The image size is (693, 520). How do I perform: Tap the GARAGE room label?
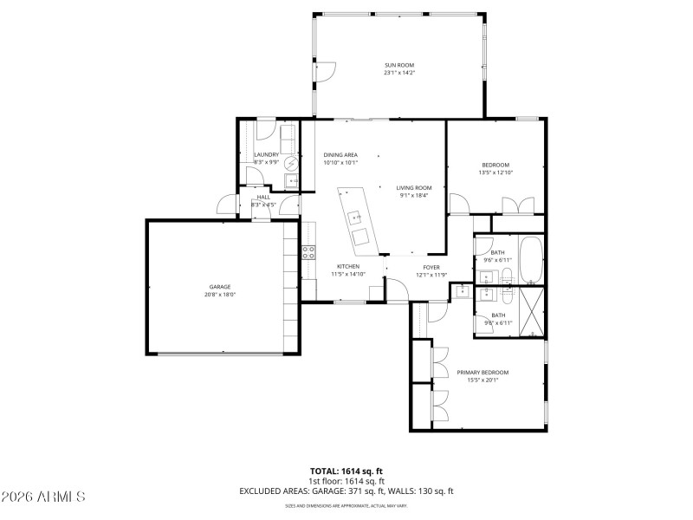pos(219,287)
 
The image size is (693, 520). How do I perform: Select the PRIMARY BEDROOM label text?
pos(483,373)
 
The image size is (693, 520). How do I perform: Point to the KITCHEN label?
pos(348,266)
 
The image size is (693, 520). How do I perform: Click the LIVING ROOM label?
pos(414,187)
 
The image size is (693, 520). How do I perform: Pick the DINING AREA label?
pos(340,155)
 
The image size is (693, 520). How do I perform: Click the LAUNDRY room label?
pos(266,155)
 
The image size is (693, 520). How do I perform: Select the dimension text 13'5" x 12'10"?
pos(495,172)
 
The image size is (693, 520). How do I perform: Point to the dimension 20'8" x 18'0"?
pos(219,295)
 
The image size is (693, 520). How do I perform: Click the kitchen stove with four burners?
pos(308,252)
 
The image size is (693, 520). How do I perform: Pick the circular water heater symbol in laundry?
pos(291,162)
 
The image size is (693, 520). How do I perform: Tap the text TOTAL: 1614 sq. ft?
pos(346,471)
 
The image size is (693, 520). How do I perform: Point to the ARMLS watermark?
pos(43,497)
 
